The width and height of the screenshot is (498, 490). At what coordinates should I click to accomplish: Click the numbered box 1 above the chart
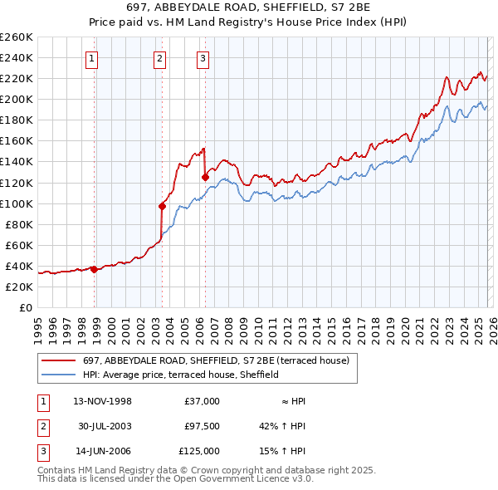[91, 58]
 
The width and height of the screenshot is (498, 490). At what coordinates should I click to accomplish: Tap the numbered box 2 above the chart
[159, 58]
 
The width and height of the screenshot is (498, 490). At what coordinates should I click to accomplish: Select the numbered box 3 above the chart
[203, 58]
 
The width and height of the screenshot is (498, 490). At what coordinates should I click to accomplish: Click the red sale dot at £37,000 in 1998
[94, 268]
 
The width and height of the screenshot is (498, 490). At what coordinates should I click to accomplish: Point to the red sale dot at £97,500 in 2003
[163, 206]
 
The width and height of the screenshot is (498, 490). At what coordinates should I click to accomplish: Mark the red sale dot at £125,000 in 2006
[205, 177]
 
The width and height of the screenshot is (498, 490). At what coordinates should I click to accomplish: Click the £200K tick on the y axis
[17, 99]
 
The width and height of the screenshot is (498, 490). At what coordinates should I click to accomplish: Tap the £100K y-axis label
[17, 203]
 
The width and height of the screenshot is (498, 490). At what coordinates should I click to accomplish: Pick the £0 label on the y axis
[25, 307]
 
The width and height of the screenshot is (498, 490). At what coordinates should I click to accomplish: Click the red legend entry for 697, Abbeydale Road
[220, 360]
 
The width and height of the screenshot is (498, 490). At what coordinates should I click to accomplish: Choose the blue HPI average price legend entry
[180, 375]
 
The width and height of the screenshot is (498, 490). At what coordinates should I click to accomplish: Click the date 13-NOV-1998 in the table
[103, 401]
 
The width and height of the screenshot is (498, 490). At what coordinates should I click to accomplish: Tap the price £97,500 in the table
[202, 426]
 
